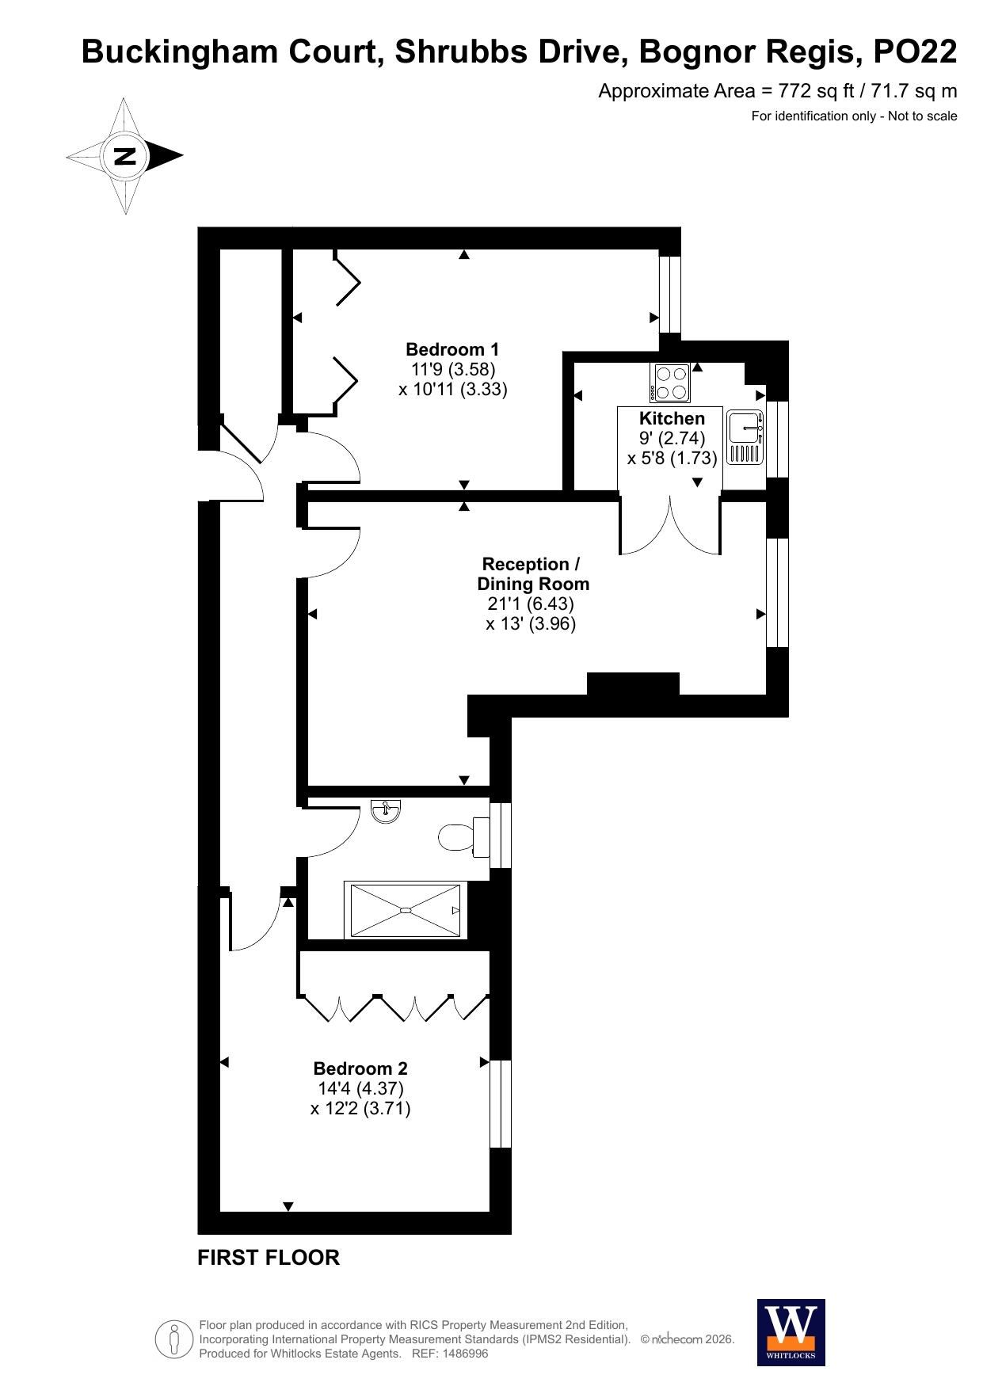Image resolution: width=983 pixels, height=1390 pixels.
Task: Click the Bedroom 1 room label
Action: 452,349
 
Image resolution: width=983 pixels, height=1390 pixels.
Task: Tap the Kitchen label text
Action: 672,418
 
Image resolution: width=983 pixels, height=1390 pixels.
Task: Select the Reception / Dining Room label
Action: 532,574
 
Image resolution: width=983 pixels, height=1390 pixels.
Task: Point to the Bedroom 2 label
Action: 360,1068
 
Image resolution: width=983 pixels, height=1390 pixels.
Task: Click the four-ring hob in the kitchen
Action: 671,383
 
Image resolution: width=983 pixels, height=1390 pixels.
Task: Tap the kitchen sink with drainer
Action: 745,437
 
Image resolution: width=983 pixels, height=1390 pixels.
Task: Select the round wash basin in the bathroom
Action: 386,811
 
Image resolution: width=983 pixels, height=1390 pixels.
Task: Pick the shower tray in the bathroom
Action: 406,910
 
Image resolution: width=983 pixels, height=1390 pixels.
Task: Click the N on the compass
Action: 125,156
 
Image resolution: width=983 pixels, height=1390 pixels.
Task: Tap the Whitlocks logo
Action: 791,1332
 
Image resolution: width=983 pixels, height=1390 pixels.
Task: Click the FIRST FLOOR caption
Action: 269,1258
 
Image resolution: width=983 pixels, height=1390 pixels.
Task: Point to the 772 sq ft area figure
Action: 816,91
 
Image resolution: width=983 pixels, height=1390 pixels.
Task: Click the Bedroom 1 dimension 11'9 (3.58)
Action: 453,369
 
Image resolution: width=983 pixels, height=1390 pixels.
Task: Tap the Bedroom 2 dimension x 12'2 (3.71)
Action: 360,1108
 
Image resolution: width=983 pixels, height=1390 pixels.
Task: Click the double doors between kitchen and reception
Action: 670,525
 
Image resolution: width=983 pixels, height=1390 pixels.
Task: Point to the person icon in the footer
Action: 173,1340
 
